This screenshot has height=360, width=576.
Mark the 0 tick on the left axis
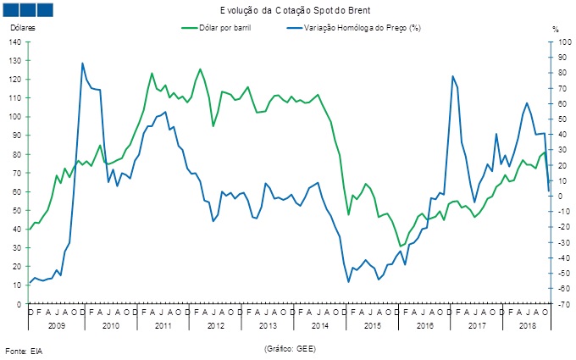pyautogui.click(x=20, y=303)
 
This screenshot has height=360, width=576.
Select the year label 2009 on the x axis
pyautogui.click(x=56, y=325)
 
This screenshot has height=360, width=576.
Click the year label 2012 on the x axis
pyautogui.click(x=215, y=325)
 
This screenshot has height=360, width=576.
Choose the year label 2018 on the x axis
pyautogui.click(x=526, y=325)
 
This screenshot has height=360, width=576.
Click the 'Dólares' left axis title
pyautogui.click(x=24, y=28)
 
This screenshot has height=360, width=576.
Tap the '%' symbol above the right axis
pyautogui.click(x=556, y=28)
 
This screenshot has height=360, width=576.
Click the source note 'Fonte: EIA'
pyautogui.click(x=24, y=350)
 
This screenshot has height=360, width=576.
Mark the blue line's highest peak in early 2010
pyautogui.click(x=82, y=63)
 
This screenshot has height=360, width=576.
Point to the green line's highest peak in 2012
pyautogui.click(x=200, y=69)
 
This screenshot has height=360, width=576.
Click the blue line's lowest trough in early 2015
pyautogui.click(x=349, y=281)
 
